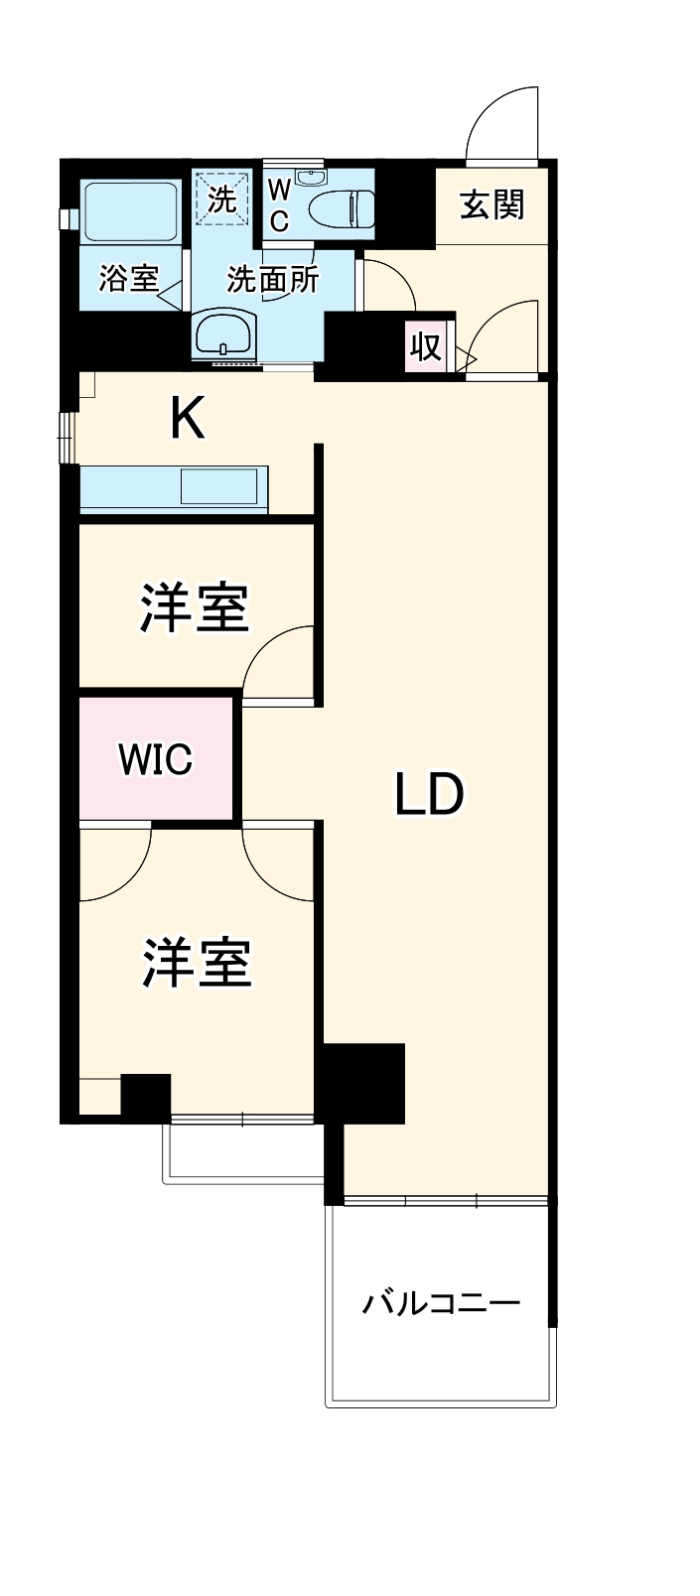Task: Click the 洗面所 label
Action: click(273, 280)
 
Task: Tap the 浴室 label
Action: click(129, 279)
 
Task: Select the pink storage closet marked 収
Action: click(426, 346)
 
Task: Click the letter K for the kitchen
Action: click(187, 418)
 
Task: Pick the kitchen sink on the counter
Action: click(217, 487)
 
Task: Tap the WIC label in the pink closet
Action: click(155, 759)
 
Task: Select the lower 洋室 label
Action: click(197, 962)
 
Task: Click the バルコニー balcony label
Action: click(441, 1302)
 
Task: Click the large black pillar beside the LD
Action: click(363, 1083)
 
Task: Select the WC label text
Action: click(279, 205)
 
